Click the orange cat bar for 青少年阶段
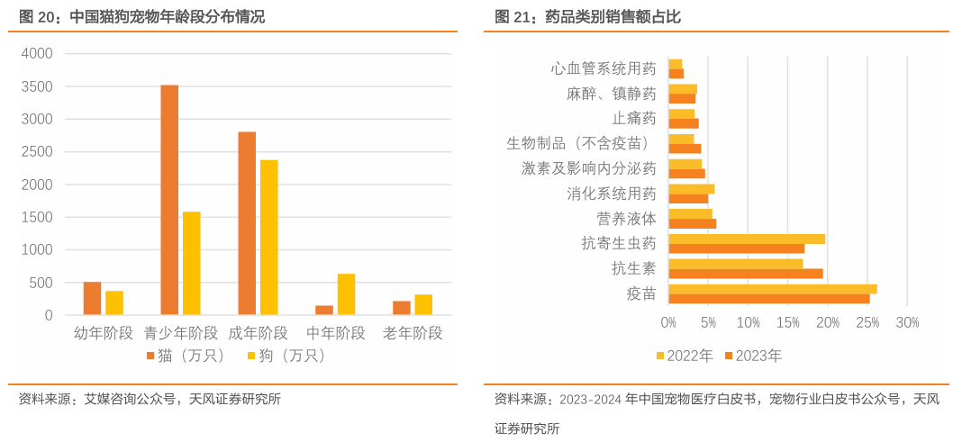pos(169,200)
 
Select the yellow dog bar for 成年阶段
pos(268,238)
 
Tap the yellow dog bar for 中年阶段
pos(346,294)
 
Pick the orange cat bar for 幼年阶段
pos(92,298)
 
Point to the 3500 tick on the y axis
pos(37,86)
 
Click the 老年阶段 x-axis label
pos(413,333)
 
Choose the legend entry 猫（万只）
pos(186,356)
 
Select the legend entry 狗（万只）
pos(286,356)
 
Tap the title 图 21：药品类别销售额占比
pos(587,16)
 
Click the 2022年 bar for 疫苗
pos(772,289)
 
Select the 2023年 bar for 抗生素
pos(745,274)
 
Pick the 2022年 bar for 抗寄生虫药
pos(746,239)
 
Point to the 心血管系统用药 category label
pos(603,68)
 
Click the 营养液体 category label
pos(626,219)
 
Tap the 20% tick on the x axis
pos(828,322)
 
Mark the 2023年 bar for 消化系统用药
pos(688,198)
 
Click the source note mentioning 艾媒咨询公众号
pos(150,400)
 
